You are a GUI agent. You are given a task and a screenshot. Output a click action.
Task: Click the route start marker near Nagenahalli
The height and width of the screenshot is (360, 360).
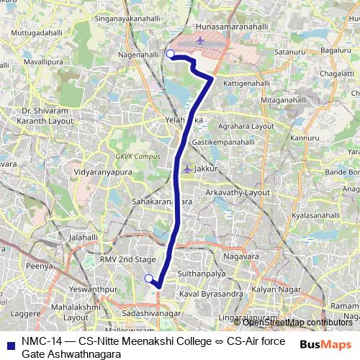(171, 54)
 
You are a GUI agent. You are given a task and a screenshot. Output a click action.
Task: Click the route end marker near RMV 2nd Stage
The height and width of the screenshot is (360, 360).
(148, 279)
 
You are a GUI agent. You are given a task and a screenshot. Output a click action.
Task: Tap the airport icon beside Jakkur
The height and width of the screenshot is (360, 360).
(187, 168)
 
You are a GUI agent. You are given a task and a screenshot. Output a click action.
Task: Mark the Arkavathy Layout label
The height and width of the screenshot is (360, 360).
(237, 193)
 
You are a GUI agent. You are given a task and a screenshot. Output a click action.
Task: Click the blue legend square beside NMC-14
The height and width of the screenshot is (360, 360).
(9, 344)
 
